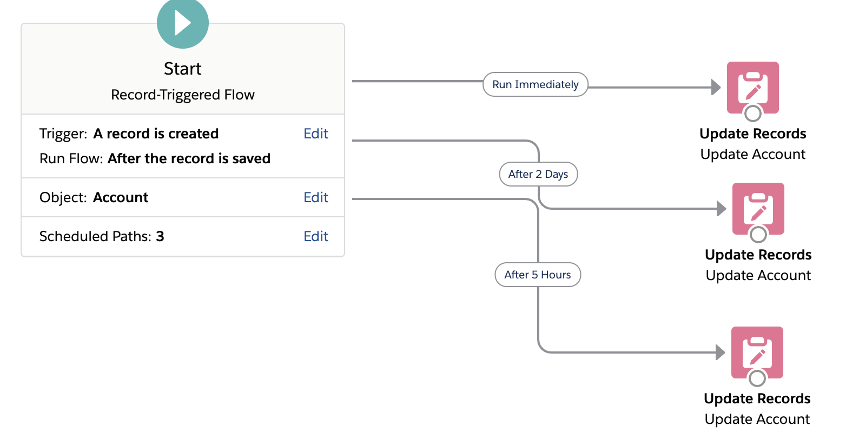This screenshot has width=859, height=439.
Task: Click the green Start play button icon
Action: [183, 23]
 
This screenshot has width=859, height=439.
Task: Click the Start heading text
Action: [183, 69]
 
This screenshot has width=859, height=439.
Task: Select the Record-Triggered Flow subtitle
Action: [183, 95]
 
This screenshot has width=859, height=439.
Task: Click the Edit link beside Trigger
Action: [316, 134]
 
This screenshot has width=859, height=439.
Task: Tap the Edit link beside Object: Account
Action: [316, 197]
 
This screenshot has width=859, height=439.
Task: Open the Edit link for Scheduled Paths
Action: [316, 236]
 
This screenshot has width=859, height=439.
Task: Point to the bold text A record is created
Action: [156, 134]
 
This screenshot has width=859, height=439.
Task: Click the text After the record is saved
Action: [189, 158]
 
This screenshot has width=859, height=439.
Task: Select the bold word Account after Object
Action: [121, 197]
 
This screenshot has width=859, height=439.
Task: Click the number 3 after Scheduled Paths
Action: [160, 236]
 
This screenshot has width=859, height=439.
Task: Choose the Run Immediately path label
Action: [535, 84]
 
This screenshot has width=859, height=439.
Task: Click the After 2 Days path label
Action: [538, 174]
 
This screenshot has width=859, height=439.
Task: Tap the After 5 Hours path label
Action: [538, 275]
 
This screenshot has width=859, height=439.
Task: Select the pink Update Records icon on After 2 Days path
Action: [758, 207]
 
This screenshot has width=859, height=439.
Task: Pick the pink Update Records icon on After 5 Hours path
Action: [757, 351]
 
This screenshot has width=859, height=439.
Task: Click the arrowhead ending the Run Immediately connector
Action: [716, 87]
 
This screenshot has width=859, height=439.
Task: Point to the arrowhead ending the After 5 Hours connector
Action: [720, 352]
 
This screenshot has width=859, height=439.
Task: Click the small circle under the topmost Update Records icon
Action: [753, 114]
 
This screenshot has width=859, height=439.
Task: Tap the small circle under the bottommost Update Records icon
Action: [757, 378]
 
